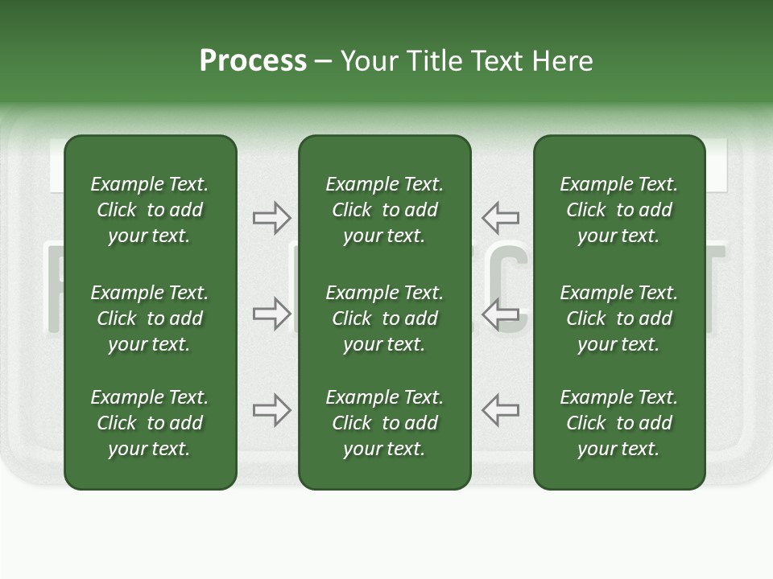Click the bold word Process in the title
tap(253, 61)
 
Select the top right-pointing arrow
tap(271, 217)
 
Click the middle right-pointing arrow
tap(271, 314)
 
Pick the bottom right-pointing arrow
tap(271, 410)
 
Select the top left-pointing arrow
tap(501, 217)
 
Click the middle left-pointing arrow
tap(501, 314)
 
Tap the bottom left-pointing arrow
tap(501, 410)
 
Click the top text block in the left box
tap(150, 210)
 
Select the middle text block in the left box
tap(150, 318)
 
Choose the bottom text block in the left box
tap(150, 423)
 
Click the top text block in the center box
tap(384, 210)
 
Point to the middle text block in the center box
tap(384, 318)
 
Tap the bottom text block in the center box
tap(384, 423)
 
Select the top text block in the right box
tap(619, 210)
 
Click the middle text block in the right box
tap(619, 318)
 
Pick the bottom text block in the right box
tap(619, 423)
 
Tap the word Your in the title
tap(369, 61)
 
